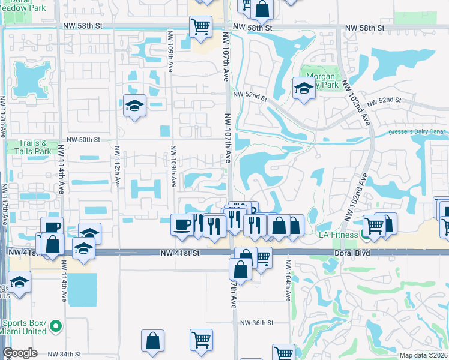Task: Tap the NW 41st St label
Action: pyautogui.click(x=179, y=254)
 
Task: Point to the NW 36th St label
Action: pyautogui.click(x=257, y=323)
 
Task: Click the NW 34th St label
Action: pyautogui.click(x=64, y=354)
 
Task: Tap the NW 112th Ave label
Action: pyautogui.click(x=118, y=169)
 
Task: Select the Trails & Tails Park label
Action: pyautogui.click(x=26, y=147)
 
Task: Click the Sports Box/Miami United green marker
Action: pyautogui.click(x=56, y=326)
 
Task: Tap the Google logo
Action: pyautogui.click(x=20, y=353)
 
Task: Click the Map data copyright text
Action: pyautogui.click(x=423, y=355)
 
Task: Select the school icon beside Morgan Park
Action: pyautogui.click(x=304, y=89)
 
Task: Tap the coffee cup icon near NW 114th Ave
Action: pyautogui.click(x=52, y=227)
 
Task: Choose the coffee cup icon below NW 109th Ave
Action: pyautogui.click(x=182, y=224)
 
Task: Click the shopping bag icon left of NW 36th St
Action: pyautogui.click(x=152, y=340)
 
